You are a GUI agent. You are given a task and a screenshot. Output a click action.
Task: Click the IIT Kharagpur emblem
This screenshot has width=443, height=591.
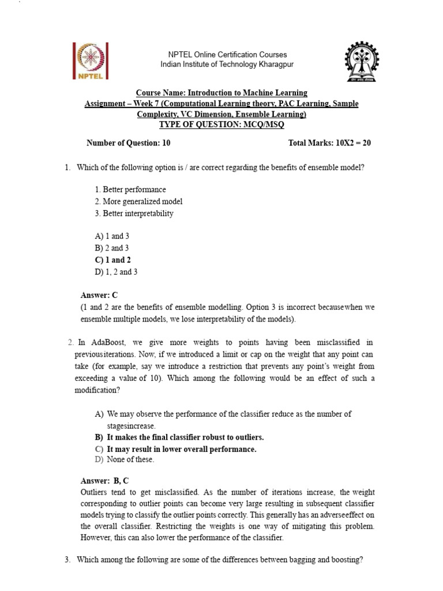coord(362,61)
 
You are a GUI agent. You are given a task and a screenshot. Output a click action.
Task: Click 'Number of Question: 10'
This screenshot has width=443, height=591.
coord(128,143)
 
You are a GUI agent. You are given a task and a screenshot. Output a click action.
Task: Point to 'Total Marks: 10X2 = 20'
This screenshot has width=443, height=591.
coord(329,143)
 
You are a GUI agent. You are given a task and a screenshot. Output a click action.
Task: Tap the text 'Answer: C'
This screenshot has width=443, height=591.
coord(99,295)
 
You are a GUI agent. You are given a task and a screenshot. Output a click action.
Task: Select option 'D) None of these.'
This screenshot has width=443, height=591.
coord(125,460)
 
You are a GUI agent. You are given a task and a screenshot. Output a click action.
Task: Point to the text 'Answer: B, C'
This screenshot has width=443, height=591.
coord(104,480)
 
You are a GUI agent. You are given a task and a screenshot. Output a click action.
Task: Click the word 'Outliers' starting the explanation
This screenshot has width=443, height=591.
coord(95,492)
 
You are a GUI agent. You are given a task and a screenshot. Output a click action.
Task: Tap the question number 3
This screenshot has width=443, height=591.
coord(67,560)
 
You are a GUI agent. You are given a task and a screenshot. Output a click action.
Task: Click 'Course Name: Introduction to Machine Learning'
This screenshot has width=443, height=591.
coord(221,93)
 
